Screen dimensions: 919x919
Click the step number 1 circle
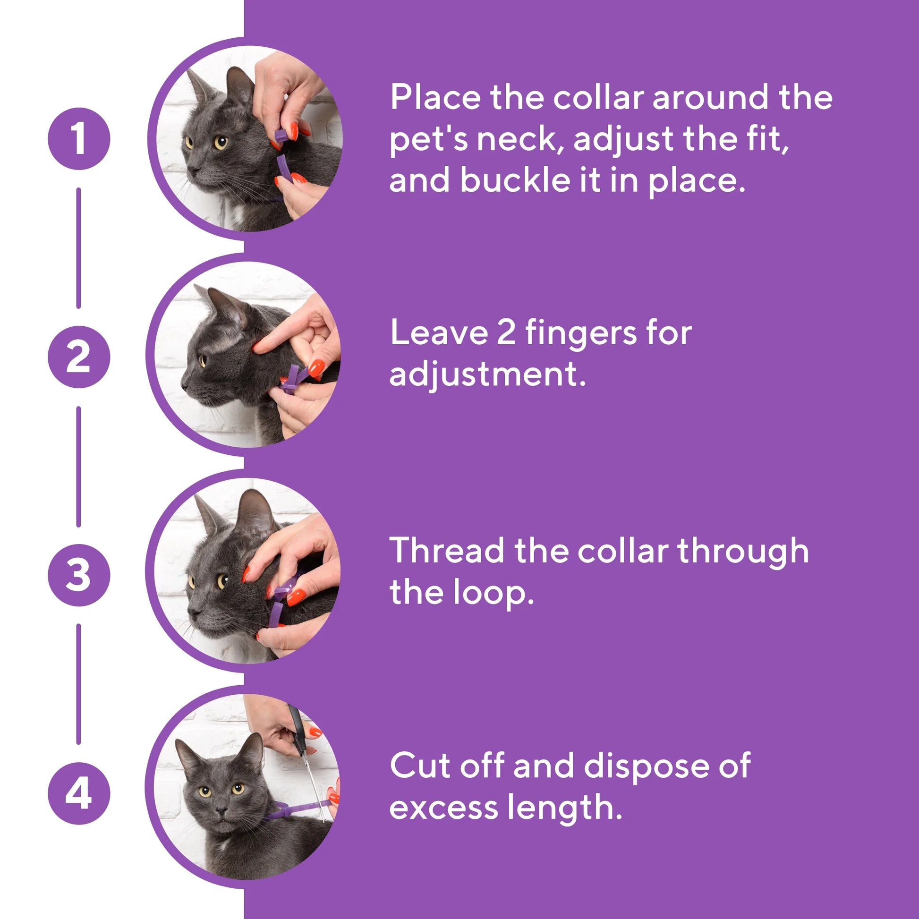(79, 139)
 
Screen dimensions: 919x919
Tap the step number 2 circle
(79, 357)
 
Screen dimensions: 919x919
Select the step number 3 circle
(79, 575)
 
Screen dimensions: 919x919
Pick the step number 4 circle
(79, 793)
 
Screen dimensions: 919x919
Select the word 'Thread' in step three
(446, 550)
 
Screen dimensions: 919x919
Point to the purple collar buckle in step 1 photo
(281, 137)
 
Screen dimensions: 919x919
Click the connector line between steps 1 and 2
(78, 248)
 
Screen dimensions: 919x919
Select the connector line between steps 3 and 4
(78, 684)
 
